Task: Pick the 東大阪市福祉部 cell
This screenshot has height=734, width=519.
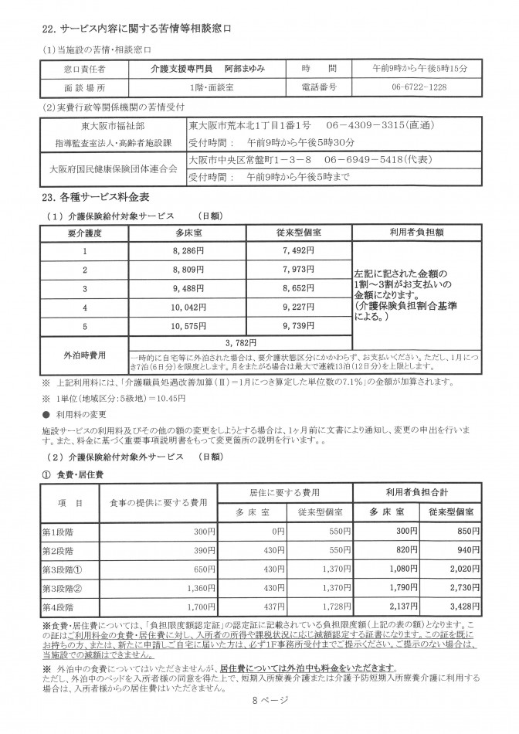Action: click(x=113, y=124)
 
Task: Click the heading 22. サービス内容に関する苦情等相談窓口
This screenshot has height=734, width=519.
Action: click(x=136, y=29)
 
